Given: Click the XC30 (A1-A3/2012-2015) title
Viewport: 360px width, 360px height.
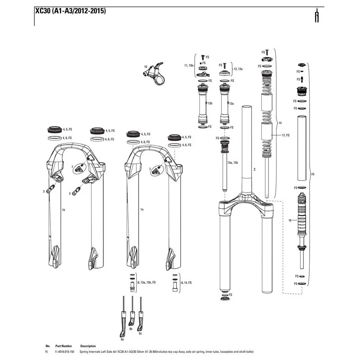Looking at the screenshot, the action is coord(71,11).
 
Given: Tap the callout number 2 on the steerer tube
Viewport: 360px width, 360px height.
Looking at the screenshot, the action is coord(255,170).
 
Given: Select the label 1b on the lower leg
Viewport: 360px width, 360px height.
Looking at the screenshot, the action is coord(63,210).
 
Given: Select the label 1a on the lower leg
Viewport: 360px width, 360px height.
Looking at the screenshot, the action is coord(142,210).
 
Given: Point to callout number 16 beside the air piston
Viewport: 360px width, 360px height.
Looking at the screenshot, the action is coord(290,220).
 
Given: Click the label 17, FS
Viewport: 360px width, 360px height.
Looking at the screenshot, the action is coord(285,135).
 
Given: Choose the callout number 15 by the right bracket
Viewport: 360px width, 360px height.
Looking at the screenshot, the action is coord(313,174).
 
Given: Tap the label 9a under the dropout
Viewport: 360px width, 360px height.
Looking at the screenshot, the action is coord(122,339).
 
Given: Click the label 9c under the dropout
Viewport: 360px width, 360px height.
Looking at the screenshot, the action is coord(140,333).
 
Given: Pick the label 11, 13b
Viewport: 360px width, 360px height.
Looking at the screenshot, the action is coord(189,66).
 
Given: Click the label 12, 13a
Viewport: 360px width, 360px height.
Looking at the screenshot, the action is coord(238,69).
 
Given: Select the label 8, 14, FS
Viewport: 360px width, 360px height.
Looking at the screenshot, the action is coord(186,283).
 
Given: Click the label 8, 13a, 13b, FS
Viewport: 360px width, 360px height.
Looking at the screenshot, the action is coord(147,282).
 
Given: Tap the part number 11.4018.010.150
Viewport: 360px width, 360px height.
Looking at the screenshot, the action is coord(64,352).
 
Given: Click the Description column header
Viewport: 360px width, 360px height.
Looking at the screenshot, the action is coord(88,346).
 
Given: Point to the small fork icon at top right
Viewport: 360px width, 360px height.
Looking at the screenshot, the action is coord(317,15).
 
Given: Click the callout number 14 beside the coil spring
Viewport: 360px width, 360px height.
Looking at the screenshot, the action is coord(280,123).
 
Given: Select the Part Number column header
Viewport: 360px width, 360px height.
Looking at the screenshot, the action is coord(64,346).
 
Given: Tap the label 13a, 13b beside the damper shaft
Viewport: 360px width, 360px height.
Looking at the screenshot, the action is coord(233,163).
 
